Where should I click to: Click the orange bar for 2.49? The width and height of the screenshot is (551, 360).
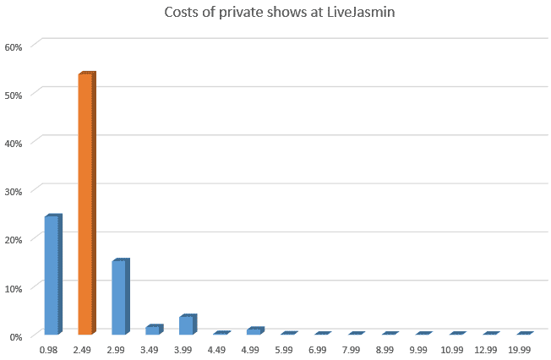[x=86, y=204]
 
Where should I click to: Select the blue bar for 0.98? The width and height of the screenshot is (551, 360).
[x=52, y=275]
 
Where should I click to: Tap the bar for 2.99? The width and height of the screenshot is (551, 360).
[x=119, y=297]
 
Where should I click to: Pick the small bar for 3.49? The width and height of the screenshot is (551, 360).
[x=152, y=330]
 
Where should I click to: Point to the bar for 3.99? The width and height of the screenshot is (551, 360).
[x=186, y=325]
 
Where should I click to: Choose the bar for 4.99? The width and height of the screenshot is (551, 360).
[x=254, y=330]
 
